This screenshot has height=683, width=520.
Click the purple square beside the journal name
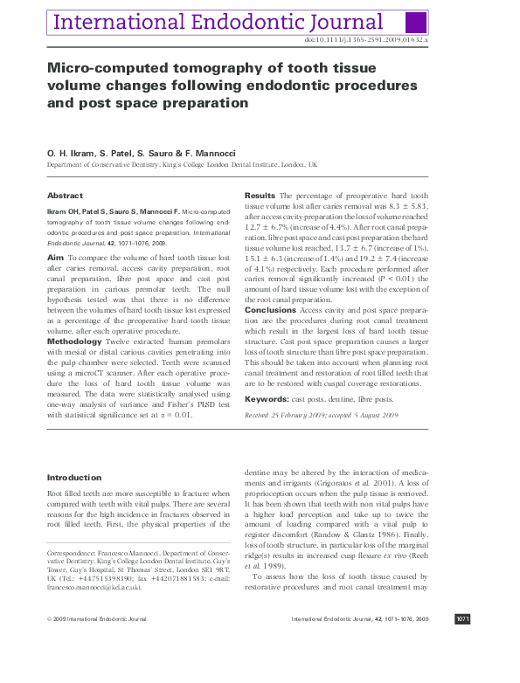(x=418, y=23)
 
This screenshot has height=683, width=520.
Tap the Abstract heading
(x=65, y=196)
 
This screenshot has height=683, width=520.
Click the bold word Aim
(x=55, y=259)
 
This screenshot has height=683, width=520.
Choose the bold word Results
(x=260, y=196)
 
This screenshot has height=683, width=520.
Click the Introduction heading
(x=74, y=478)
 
